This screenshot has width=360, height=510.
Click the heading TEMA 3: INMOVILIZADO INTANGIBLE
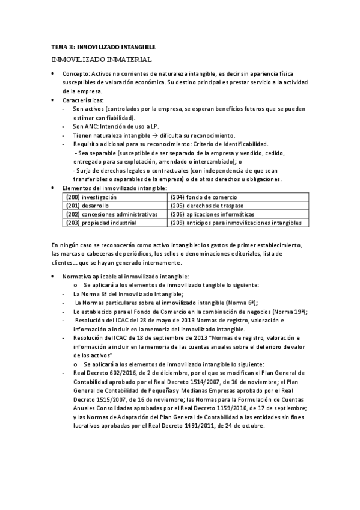103,46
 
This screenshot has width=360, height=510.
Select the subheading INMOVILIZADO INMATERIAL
101,60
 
